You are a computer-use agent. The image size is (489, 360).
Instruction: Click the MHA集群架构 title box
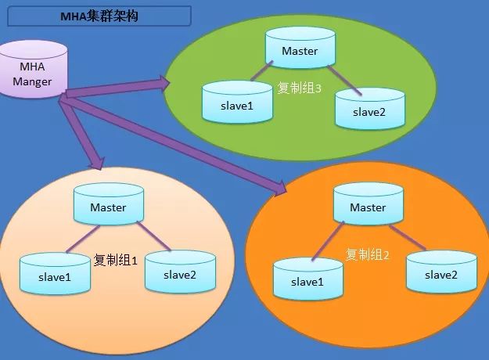[99, 16]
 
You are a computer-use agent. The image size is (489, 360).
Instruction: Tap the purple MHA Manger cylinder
[34, 69]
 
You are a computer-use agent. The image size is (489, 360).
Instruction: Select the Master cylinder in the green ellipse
[300, 48]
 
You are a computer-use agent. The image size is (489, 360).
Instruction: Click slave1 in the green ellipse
[237, 103]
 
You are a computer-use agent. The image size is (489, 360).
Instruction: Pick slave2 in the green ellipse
[370, 109]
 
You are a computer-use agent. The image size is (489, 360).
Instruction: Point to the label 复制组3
[300, 88]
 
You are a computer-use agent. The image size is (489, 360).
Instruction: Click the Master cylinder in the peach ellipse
[109, 204]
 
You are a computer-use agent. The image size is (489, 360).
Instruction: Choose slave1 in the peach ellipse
[55, 274]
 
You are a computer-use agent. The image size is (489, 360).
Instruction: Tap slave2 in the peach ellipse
[180, 272]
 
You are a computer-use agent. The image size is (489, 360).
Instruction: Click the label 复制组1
[115, 260]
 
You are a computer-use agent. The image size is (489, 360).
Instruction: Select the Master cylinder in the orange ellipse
[369, 204]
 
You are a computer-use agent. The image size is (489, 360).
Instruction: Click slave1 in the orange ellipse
[308, 279]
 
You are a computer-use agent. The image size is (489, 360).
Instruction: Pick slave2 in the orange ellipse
[441, 272]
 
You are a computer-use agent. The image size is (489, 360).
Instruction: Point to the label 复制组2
[368, 255]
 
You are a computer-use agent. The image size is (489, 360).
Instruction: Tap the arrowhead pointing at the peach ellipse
[96, 163]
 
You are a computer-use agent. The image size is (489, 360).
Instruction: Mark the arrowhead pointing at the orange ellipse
[280, 188]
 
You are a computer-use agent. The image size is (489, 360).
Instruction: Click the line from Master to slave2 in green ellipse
[344, 80]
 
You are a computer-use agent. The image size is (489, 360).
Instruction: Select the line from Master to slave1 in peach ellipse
[83, 239]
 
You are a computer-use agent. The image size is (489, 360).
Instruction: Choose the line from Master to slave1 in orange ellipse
[328, 241]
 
